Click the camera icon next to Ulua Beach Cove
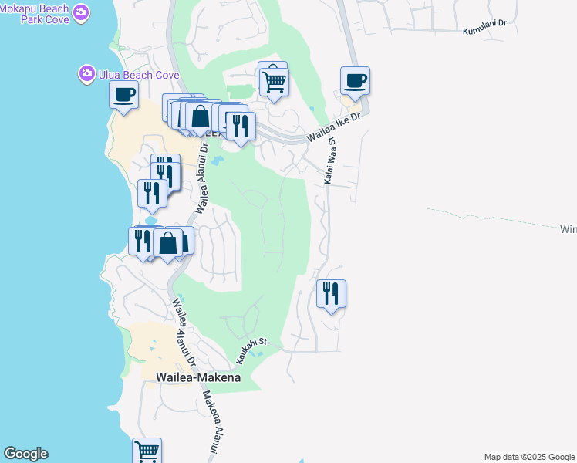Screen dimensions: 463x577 (86, 74)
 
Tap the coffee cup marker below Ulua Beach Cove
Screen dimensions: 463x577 (123, 96)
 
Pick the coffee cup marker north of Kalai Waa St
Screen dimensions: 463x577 (355, 80)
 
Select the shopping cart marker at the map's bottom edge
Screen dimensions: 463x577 (147, 451)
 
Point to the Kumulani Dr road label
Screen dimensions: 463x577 (484, 27)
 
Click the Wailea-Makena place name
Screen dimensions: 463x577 (198, 377)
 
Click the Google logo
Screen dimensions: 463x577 (25, 454)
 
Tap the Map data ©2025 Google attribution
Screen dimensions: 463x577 (529, 457)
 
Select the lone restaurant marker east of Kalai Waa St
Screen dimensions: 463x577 (331, 293)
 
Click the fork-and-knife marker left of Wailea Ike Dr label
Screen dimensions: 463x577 (241, 125)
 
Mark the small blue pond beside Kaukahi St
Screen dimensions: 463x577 (258, 354)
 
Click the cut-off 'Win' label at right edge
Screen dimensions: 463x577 (568, 229)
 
